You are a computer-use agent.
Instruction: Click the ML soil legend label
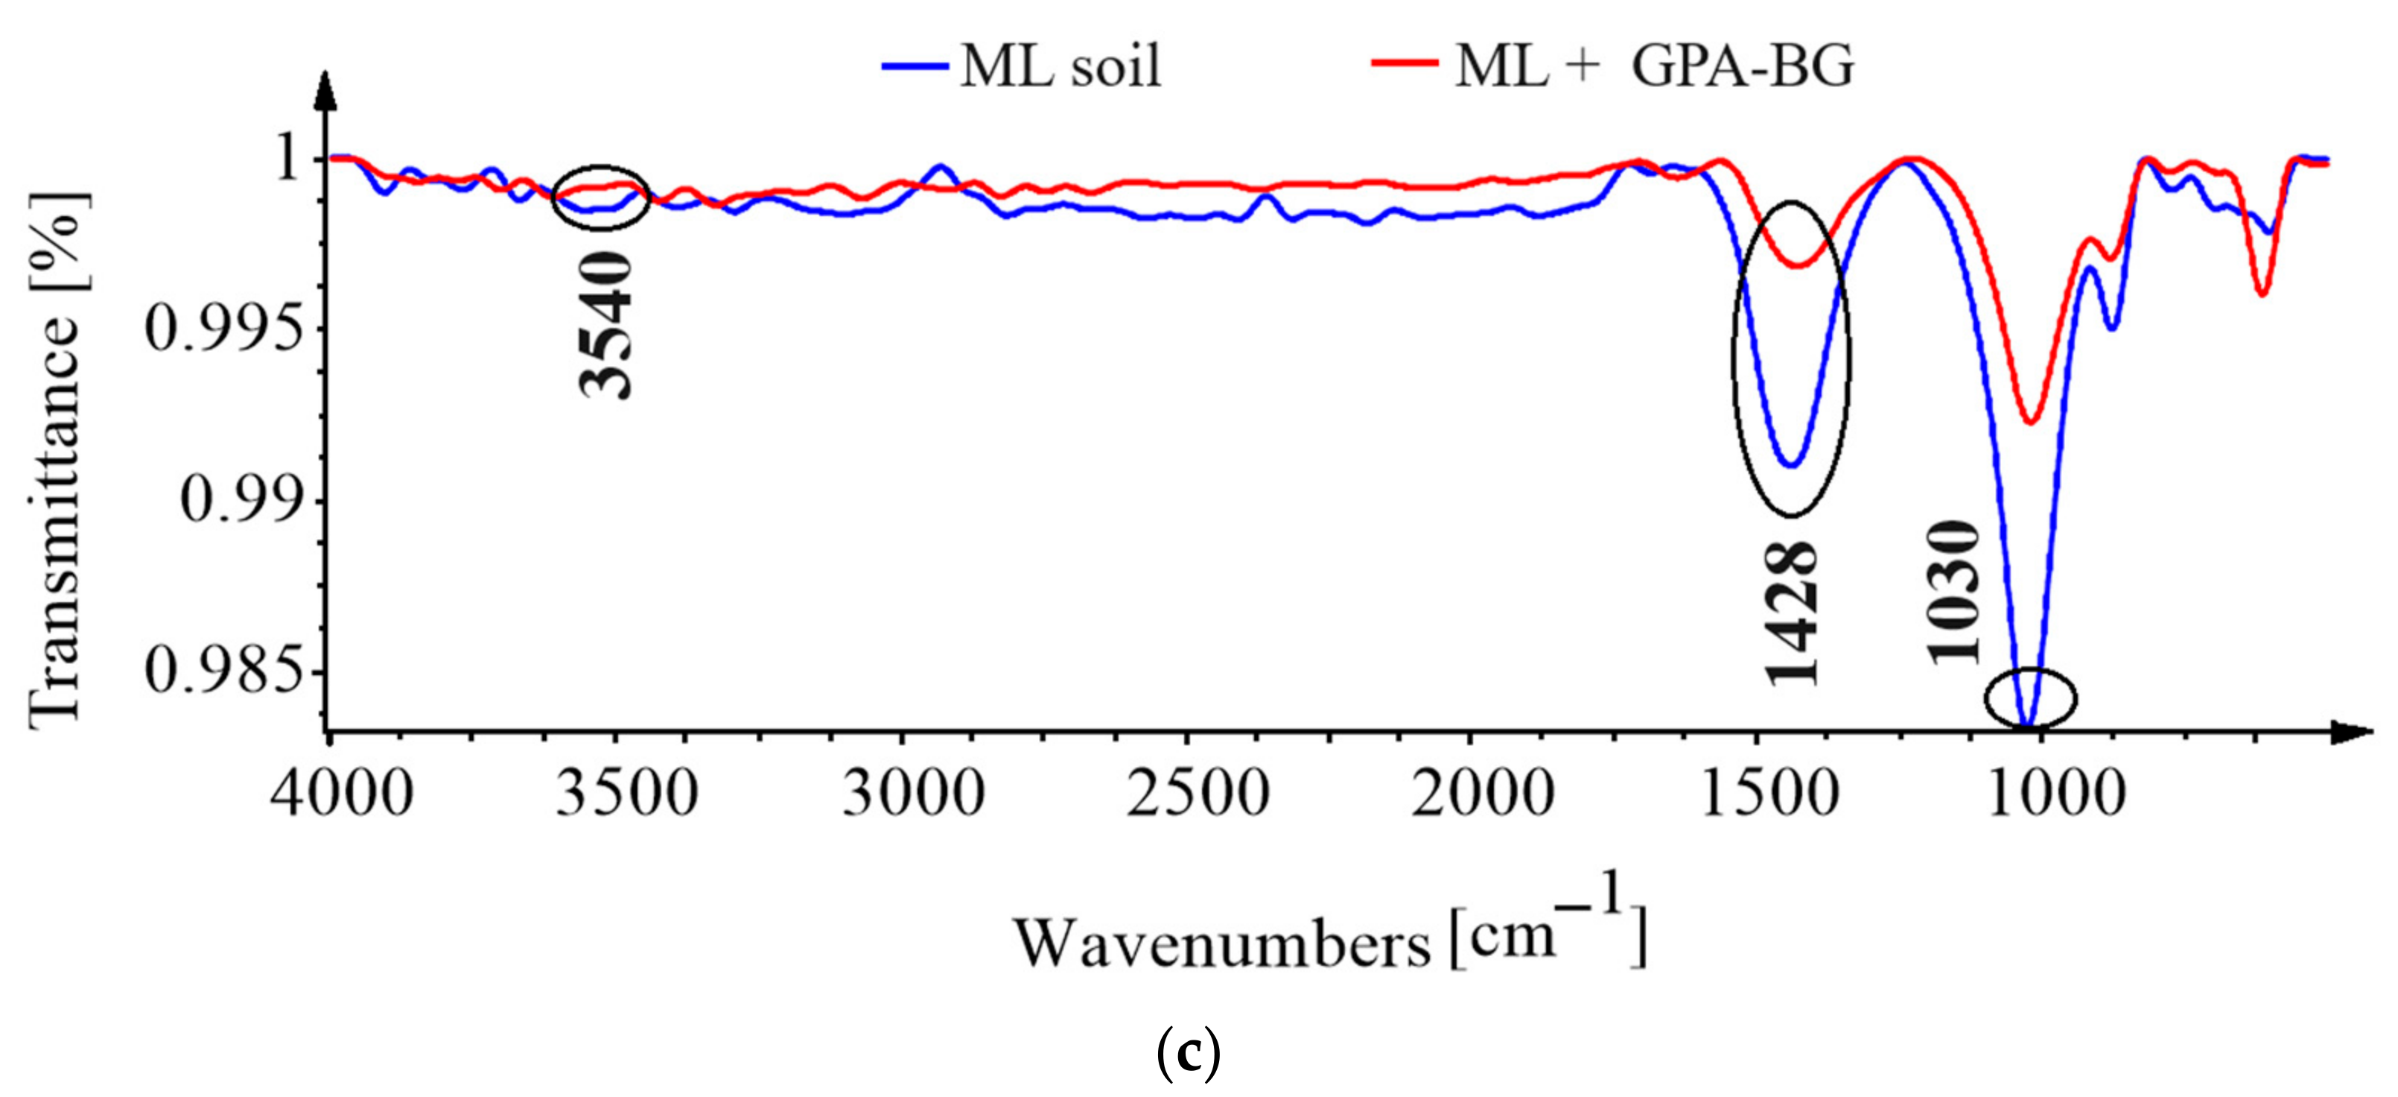[x=1060, y=67]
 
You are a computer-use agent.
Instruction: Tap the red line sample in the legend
[x=1405, y=64]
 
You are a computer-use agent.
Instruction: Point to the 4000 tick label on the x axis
[x=342, y=794]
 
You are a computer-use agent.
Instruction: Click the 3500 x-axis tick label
[x=626, y=794]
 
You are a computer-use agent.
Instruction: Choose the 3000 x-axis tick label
[x=913, y=794]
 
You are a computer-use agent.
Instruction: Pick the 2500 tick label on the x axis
[x=1198, y=794]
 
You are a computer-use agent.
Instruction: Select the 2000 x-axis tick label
[x=1483, y=794]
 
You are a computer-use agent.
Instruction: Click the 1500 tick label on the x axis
[x=1769, y=794]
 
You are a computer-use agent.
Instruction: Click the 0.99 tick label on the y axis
[x=242, y=500]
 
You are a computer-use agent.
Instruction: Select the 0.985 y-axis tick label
[x=224, y=671]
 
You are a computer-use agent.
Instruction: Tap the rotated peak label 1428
[x=1791, y=615]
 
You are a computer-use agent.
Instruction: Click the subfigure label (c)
[x=1188, y=1055]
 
